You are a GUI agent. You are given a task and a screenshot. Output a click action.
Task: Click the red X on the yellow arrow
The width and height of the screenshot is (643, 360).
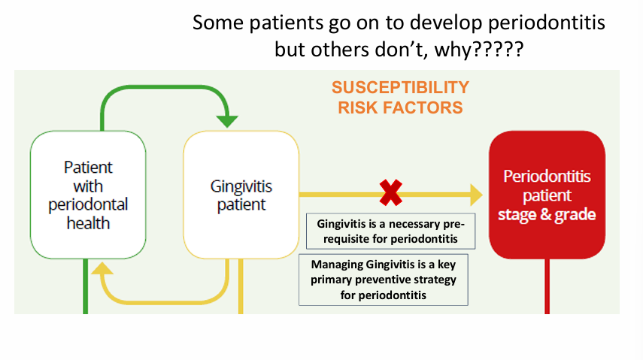pos(391,195)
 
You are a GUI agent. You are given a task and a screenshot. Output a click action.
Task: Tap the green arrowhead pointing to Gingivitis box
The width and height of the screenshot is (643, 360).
pos(227,120)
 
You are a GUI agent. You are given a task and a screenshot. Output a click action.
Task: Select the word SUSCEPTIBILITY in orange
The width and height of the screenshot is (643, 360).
pos(400,88)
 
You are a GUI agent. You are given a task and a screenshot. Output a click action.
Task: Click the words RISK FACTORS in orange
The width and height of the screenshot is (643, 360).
pos(400,107)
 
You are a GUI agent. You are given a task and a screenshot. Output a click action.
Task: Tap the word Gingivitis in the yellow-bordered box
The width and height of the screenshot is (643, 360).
pos(241,186)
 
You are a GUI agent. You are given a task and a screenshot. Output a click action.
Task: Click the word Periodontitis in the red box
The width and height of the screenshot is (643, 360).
pos(547,177)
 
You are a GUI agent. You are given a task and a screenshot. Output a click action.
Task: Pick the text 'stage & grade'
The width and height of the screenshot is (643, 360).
pos(547,215)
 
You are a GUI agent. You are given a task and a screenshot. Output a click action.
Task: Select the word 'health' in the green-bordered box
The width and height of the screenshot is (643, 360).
pos(87,222)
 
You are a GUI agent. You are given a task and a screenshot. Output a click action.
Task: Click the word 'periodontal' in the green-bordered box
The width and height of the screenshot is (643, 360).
pos(87,204)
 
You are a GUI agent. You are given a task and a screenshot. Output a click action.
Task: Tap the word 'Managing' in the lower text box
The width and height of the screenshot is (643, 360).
pos(333,264)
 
